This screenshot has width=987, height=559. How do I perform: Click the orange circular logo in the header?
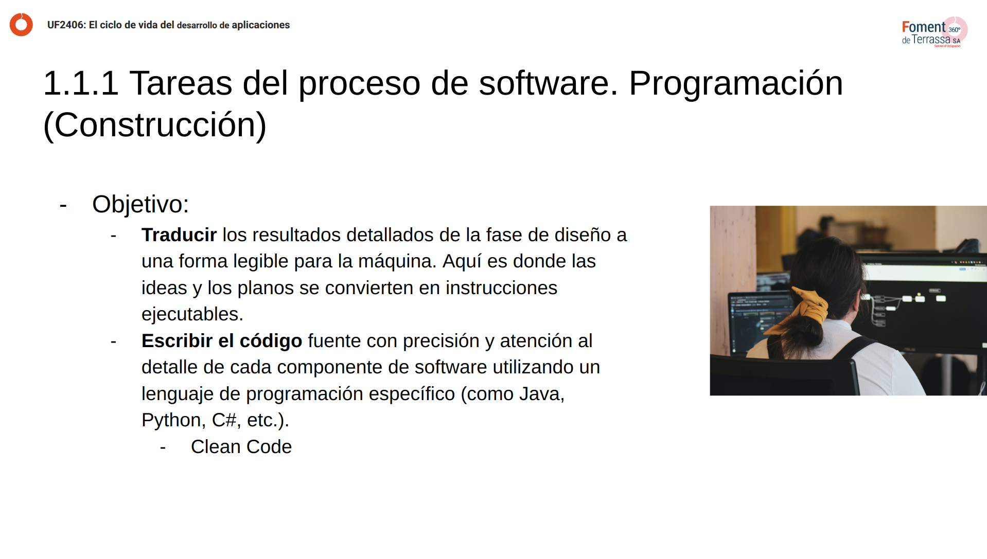[x=21, y=25]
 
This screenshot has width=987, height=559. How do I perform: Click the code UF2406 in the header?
[x=66, y=25]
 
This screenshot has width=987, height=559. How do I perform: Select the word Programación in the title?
[x=735, y=83]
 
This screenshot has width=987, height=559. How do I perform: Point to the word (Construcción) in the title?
[x=155, y=125]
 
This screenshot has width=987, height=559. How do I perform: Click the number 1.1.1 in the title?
[x=81, y=83]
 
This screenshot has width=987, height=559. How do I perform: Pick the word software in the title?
[x=548, y=83]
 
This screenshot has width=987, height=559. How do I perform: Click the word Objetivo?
[x=140, y=205]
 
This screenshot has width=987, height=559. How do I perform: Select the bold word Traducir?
[x=179, y=235]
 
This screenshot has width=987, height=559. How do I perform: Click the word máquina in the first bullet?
[x=397, y=261]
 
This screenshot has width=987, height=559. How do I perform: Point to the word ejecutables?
[x=192, y=314]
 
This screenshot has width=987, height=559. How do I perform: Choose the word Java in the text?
[x=541, y=394]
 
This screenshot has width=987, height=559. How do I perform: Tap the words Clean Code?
[x=241, y=447]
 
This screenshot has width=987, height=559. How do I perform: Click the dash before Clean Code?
[x=163, y=447]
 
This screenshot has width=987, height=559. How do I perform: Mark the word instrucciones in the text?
[x=501, y=288]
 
